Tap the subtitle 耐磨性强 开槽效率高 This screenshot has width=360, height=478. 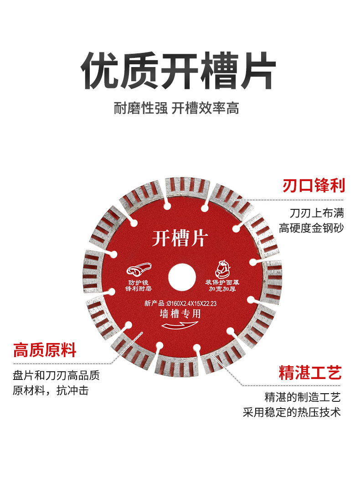tap(176, 109)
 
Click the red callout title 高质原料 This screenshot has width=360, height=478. tap(45, 351)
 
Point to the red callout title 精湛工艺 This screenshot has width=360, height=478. tap(310, 373)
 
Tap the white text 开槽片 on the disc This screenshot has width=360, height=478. tap(180, 238)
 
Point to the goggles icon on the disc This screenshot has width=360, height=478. tap(140, 270)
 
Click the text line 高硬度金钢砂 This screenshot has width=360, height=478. tap(312, 228)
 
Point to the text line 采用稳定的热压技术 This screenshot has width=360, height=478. tap(292, 412)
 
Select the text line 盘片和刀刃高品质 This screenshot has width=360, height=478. tap(56, 375)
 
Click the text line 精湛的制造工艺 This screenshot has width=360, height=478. tap(303, 397)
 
